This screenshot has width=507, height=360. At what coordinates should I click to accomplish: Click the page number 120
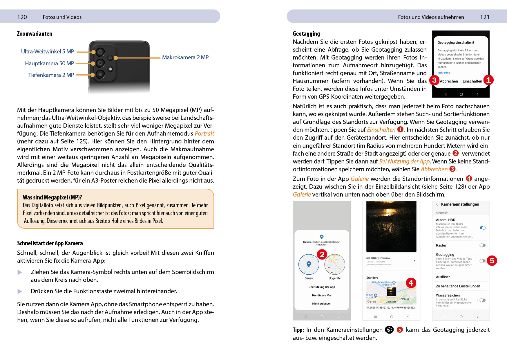point(22,17)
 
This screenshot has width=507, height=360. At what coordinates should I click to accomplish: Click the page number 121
point(485,17)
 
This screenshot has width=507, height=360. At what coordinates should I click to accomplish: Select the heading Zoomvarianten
point(35,34)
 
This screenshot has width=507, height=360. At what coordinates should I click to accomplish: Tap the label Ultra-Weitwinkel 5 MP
point(48,52)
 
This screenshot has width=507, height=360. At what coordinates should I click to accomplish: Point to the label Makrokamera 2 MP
point(185,57)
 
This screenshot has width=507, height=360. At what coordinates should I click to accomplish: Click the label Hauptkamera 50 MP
point(50,64)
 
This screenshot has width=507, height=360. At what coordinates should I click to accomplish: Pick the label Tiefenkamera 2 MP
point(51,75)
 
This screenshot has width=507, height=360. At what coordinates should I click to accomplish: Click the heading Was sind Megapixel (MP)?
point(52,197)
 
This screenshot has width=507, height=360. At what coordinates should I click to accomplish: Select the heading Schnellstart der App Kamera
point(50,243)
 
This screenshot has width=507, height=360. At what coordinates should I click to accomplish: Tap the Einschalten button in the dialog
point(472,81)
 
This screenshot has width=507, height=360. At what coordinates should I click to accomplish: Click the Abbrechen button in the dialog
point(449,81)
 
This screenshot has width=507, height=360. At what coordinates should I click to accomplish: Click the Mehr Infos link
point(443,73)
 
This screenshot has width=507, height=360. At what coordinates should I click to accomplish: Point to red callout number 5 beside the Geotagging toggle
point(492,261)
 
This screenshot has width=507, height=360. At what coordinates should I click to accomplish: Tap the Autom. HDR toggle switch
point(483,228)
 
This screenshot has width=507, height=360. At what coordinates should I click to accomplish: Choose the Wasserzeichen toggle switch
point(482,300)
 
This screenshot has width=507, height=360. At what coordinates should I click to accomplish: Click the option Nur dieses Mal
point(322,295)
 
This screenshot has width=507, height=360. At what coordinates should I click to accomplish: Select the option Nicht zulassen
point(322,304)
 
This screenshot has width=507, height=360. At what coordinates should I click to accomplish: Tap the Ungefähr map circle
point(335,264)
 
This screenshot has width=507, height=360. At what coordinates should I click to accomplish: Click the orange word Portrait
point(204,134)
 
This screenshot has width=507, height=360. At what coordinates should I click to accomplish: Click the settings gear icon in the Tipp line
point(389,330)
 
